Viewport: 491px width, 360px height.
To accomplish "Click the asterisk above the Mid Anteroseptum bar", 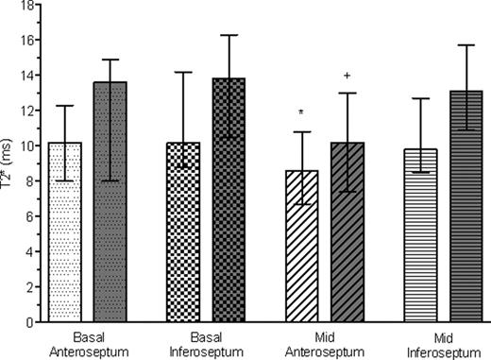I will point(301,113).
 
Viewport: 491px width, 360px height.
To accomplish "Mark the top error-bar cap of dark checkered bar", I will point(229,36).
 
